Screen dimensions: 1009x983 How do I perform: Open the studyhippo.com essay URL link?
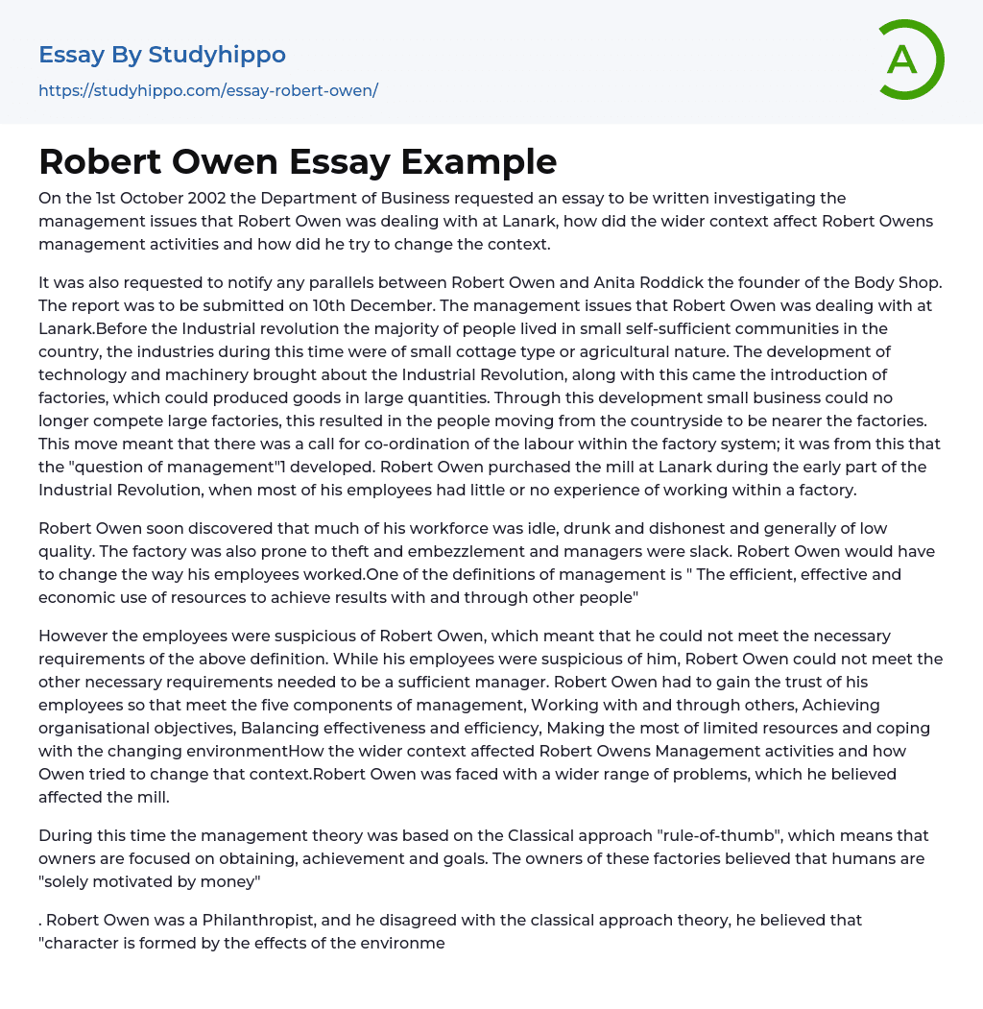pyautogui.click(x=208, y=90)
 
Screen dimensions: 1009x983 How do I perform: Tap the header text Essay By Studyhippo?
pyautogui.click(x=162, y=55)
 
